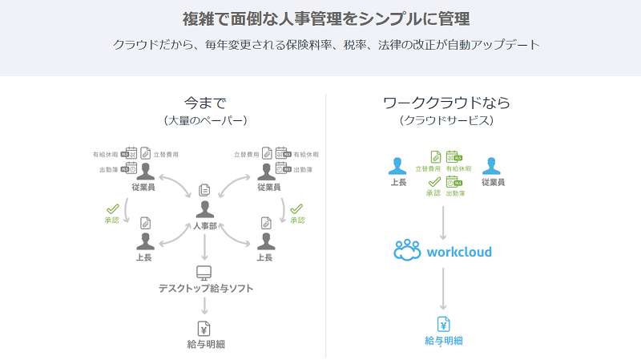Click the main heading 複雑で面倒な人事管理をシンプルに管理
tap(320, 17)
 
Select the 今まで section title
tap(205, 103)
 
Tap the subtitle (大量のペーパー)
tap(205, 120)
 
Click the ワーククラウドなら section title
tap(446, 103)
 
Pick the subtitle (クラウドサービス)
tap(446, 120)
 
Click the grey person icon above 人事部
tap(205, 209)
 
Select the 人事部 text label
tap(205, 226)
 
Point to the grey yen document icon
tap(204, 328)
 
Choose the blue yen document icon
tap(443, 325)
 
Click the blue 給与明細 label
tap(444, 342)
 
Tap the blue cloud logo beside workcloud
tap(408, 251)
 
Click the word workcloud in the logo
tap(459, 252)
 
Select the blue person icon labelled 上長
tap(397, 165)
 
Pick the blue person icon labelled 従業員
tap(492, 165)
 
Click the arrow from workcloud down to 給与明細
tap(443, 289)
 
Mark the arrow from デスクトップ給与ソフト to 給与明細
tap(204, 305)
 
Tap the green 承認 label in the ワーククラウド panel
tap(433, 193)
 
